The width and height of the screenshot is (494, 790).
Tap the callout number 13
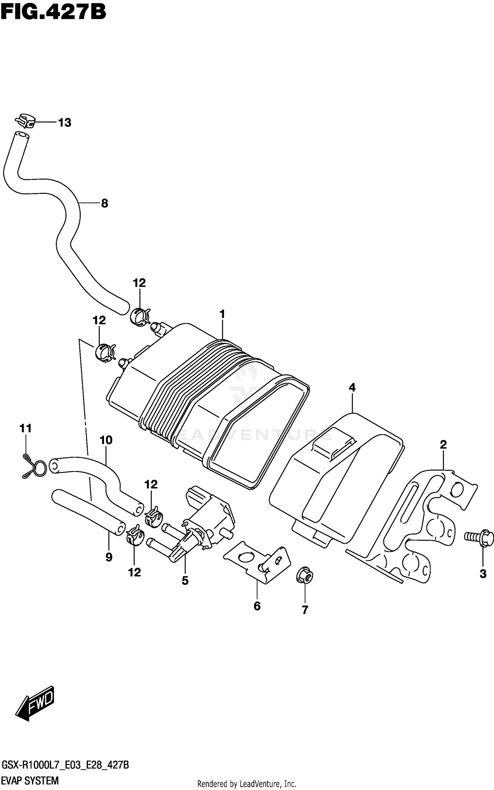65,123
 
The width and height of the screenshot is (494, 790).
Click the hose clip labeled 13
25,121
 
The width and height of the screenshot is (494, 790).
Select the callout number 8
104,203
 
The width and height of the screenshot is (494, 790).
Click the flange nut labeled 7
305,575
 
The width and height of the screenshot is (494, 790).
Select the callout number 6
257,606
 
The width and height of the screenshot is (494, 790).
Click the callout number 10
106,440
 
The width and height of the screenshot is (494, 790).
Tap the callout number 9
109,557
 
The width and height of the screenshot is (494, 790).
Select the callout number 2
443,445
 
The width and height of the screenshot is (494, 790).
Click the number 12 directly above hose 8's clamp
139,283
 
